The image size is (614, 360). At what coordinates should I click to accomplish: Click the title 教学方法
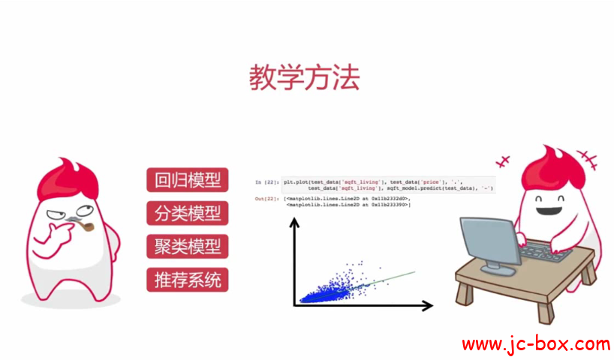click(x=304, y=77)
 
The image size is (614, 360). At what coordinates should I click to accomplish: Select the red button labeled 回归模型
click(x=188, y=181)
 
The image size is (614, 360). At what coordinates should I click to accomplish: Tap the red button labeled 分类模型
click(x=188, y=213)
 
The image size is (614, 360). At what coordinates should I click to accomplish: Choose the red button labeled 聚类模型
click(x=188, y=246)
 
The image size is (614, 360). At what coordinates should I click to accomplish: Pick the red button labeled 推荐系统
click(x=188, y=280)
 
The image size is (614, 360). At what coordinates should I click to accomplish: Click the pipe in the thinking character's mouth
click(x=84, y=226)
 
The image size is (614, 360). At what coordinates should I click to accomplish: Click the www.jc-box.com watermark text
click(x=535, y=344)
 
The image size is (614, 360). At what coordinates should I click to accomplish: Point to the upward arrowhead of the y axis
click(x=295, y=222)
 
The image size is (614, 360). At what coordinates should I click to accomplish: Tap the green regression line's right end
click(x=413, y=272)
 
